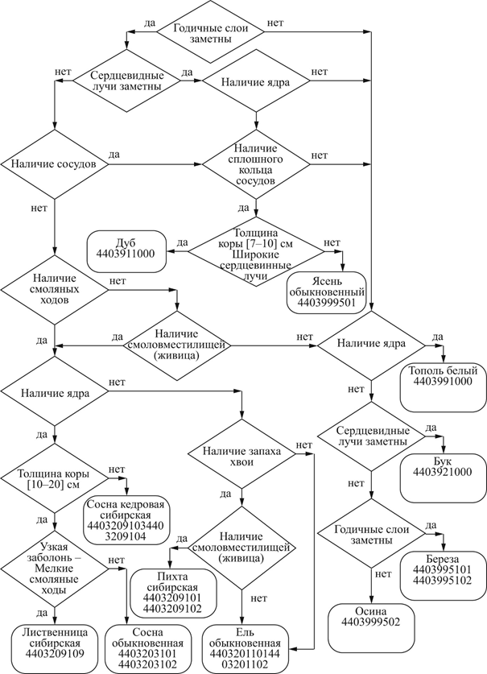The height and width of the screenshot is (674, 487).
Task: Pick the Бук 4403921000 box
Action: point(443,466)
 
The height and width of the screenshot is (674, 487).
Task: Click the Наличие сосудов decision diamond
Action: point(55,163)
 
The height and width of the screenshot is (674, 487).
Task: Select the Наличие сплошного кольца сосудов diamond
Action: point(255,164)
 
